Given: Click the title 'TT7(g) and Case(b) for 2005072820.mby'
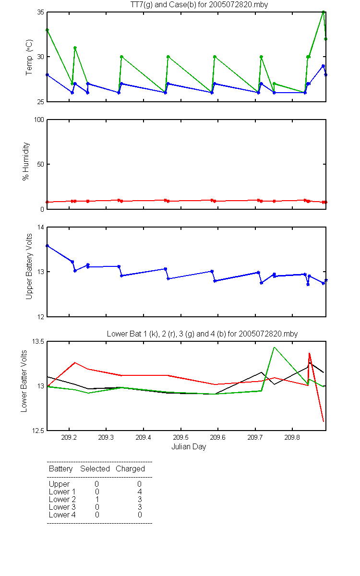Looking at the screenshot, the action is (x=199, y=5).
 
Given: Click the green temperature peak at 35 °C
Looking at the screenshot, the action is (x=323, y=12).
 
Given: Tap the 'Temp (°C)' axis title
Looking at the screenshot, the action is (x=29, y=57).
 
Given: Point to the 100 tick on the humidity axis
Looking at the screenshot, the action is (x=39, y=120).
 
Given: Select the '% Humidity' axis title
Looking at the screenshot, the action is (x=26, y=161).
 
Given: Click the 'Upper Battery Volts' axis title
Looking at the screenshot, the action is (x=29, y=267).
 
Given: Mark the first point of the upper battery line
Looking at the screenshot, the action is (x=48, y=246).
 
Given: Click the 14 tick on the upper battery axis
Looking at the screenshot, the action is (x=41, y=228).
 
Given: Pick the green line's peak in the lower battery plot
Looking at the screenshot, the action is (x=275, y=348).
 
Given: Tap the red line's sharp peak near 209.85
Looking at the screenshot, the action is (x=309, y=353).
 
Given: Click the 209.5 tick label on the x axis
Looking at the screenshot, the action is (x=180, y=437).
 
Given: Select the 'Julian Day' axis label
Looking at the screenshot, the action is (x=189, y=447).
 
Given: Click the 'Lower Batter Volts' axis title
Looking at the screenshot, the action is (x=24, y=381).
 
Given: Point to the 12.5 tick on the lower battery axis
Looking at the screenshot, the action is (x=38, y=431).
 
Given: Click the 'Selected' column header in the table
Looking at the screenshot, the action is (x=95, y=469).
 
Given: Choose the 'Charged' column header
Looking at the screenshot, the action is (x=130, y=469).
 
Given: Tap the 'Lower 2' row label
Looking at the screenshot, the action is (x=62, y=499).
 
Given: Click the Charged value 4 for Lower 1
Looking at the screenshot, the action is (x=140, y=492).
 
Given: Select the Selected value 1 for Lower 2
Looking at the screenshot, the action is (x=97, y=499).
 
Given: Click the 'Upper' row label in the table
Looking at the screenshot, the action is (x=59, y=484).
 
